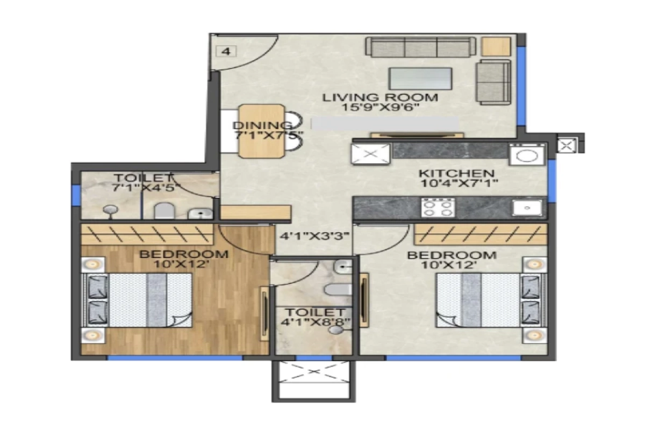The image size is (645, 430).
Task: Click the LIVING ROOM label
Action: pyautogui.click(x=380, y=97)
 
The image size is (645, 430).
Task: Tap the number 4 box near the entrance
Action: pyautogui.click(x=226, y=52)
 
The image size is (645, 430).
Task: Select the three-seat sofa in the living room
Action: pyautogui.click(x=421, y=47)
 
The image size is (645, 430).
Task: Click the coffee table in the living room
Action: pyautogui.click(x=420, y=78)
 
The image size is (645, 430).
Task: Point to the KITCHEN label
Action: pyautogui.click(x=456, y=173)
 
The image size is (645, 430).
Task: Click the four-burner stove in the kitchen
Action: pyautogui.click(x=438, y=207)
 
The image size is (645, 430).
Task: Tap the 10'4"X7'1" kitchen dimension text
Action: pyautogui.click(x=458, y=183)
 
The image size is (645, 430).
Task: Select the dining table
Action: pyautogui.click(x=262, y=131)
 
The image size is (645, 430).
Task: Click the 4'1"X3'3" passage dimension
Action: pyautogui.click(x=315, y=235)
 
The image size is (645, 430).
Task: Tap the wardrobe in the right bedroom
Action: pyautogui.click(x=480, y=234)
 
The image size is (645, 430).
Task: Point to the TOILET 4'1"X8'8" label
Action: pyautogui.click(x=314, y=317)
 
